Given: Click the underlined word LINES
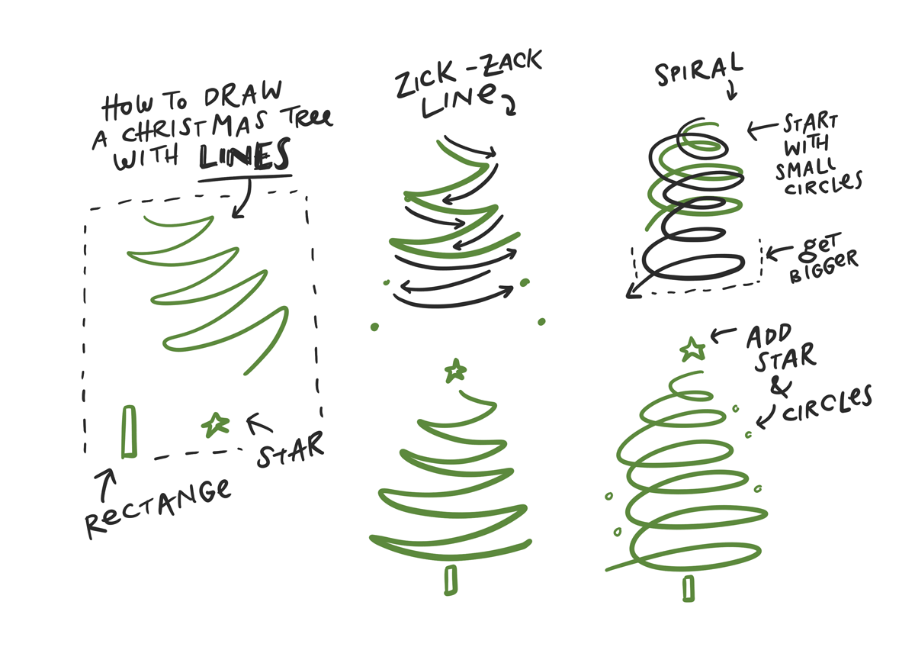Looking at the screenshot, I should pyautogui.click(x=246, y=156).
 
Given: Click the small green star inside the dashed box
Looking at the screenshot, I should pyautogui.click(x=215, y=424).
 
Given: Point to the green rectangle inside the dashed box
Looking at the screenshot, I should pyautogui.click(x=129, y=432).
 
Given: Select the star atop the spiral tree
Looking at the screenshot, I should pyautogui.click(x=692, y=349).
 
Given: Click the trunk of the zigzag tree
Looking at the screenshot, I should pyautogui.click(x=451, y=579).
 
